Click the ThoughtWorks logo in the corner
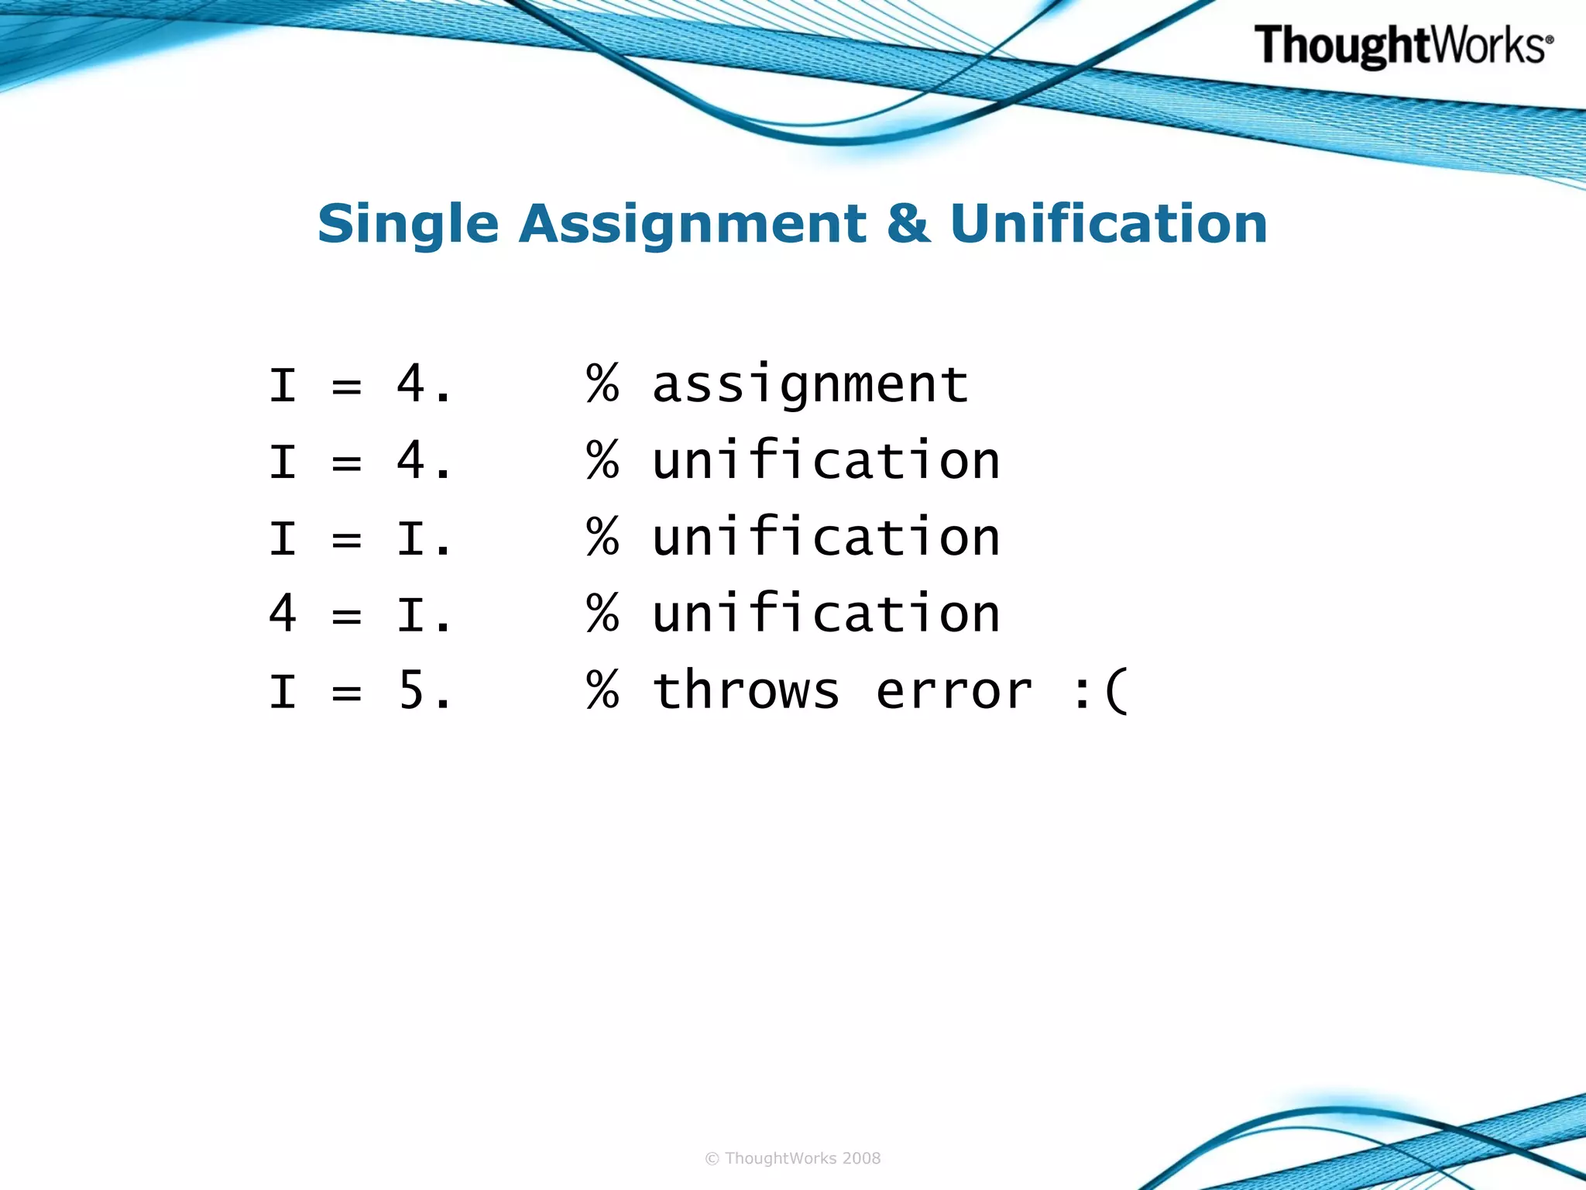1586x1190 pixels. coord(1403,46)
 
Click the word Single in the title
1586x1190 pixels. coord(408,225)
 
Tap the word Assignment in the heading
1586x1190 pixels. coord(692,225)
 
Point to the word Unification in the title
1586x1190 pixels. coord(1108,225)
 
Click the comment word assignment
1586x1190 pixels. coord(810,385)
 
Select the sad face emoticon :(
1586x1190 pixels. coord(1100,692)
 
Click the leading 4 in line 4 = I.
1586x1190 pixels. coord(283,614)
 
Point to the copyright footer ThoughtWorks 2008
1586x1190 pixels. coord(793,1158)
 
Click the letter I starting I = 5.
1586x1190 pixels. coord(283,691)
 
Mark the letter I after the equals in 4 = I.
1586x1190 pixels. coord(410,615)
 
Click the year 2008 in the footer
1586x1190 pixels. coord(861,1158)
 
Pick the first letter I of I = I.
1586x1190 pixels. coord(283,538)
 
